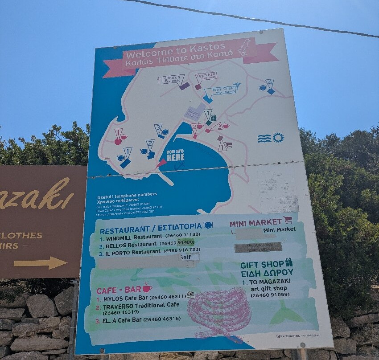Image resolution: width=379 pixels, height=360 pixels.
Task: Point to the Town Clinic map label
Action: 220,91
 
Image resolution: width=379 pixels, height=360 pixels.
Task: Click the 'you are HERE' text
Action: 175,155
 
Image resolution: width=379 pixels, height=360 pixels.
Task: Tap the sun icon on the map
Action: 278,138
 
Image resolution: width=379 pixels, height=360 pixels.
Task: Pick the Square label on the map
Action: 193,112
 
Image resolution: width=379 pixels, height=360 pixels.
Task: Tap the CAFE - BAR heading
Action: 119,290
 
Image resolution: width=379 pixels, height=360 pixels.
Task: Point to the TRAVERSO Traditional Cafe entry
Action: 141,305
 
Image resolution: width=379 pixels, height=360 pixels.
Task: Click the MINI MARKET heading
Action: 256,222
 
